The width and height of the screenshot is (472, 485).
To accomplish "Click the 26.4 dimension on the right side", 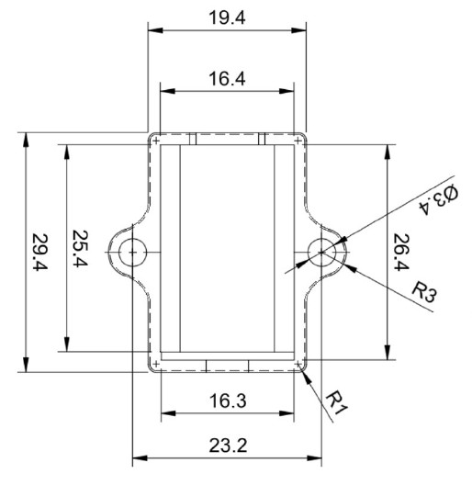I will (401, 253).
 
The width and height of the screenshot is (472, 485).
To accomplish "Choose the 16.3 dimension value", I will (227, 401).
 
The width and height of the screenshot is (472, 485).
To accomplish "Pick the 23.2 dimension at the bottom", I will (228, 446).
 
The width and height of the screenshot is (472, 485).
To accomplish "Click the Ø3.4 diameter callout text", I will (439, 199).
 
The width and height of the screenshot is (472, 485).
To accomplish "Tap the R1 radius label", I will (338, 400).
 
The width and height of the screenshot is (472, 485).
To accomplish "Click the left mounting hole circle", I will (133, 251).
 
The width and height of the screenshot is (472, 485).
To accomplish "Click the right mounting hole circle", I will (322, 251).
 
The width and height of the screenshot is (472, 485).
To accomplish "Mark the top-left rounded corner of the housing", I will (154, 138).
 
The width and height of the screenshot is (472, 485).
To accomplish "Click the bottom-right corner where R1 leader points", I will (302, 368).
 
